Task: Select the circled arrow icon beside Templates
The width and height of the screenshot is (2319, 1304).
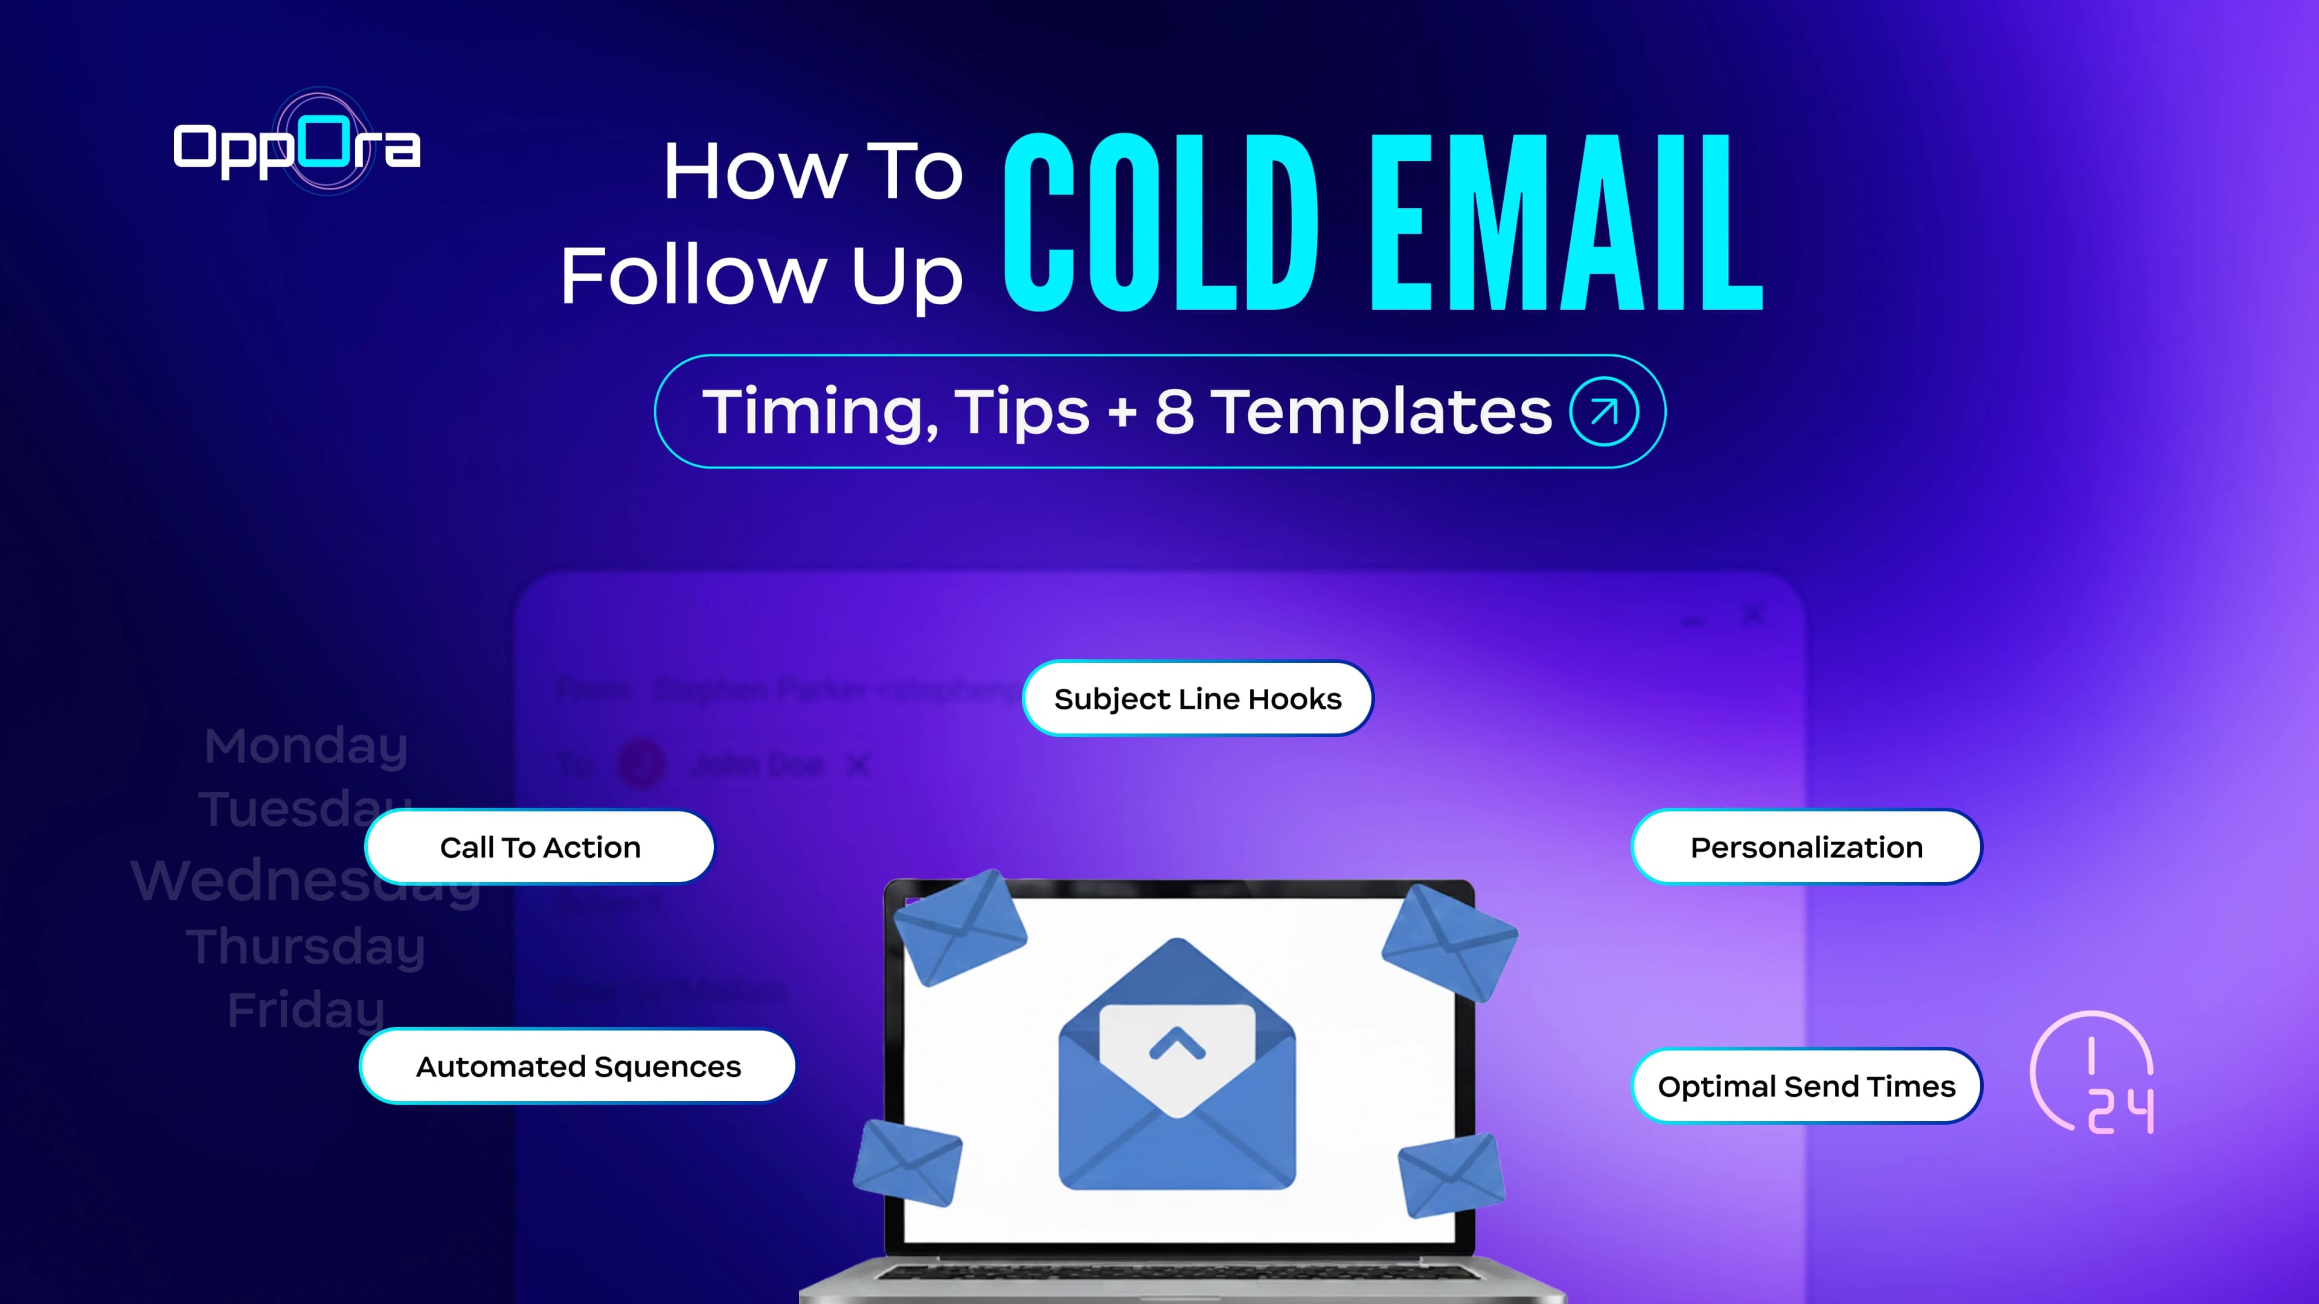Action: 1603,411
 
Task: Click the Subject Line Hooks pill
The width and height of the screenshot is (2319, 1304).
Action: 1198,698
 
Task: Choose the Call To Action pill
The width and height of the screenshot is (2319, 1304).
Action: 540,847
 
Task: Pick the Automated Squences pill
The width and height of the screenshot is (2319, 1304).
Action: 578,1066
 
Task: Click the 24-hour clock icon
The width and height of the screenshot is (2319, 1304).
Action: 2093,1073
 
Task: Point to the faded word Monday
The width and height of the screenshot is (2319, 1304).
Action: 306,746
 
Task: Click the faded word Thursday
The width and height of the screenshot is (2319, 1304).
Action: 306,947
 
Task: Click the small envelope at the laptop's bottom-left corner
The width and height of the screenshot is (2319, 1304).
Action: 908,1162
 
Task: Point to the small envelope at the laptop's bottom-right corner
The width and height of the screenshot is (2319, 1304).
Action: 1450,1174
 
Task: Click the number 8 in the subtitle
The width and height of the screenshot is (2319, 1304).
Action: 1174,411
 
